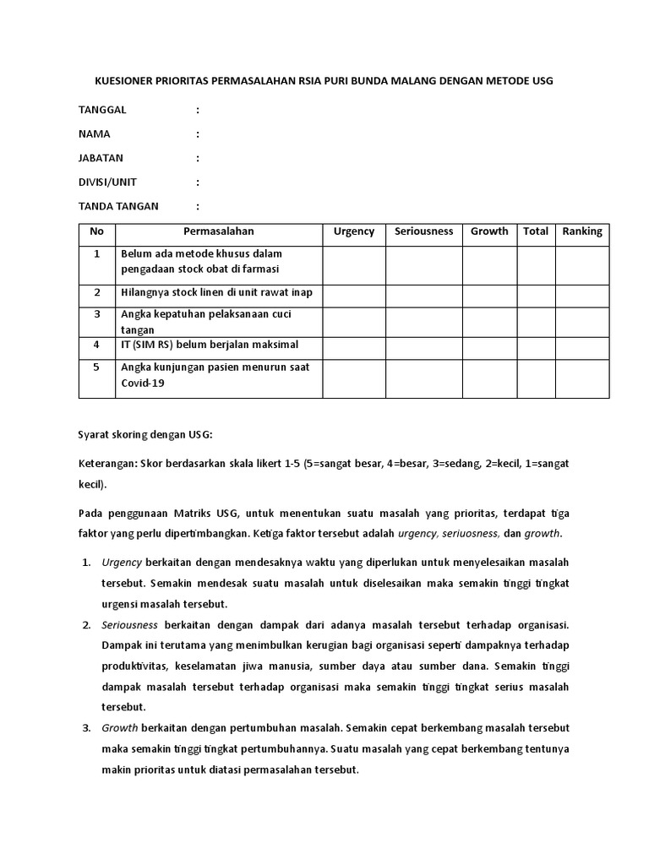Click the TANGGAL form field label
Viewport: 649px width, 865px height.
click(102, 110)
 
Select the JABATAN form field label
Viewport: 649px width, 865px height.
click(101, 158)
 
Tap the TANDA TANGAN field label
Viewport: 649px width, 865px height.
click(118, 206)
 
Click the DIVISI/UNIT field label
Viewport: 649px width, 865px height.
click(107, 182)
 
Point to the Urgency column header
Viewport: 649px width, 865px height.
click(354, 231)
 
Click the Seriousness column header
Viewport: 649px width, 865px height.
click(423, 231)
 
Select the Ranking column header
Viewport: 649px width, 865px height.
click(582, 231)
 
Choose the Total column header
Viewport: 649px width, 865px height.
click(536, 231)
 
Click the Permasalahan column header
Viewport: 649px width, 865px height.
click(219, 231)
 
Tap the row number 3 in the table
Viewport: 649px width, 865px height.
click(97, 314)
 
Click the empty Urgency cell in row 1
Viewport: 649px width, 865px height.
click(354, 265)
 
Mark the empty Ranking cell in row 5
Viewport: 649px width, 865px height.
click(582, 378)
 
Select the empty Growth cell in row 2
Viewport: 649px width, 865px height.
click(489, 295)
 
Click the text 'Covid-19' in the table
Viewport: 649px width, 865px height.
click(143, 384)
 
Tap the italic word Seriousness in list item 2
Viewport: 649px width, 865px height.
click(130, 625)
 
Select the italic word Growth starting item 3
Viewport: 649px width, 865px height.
click(120, 727)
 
